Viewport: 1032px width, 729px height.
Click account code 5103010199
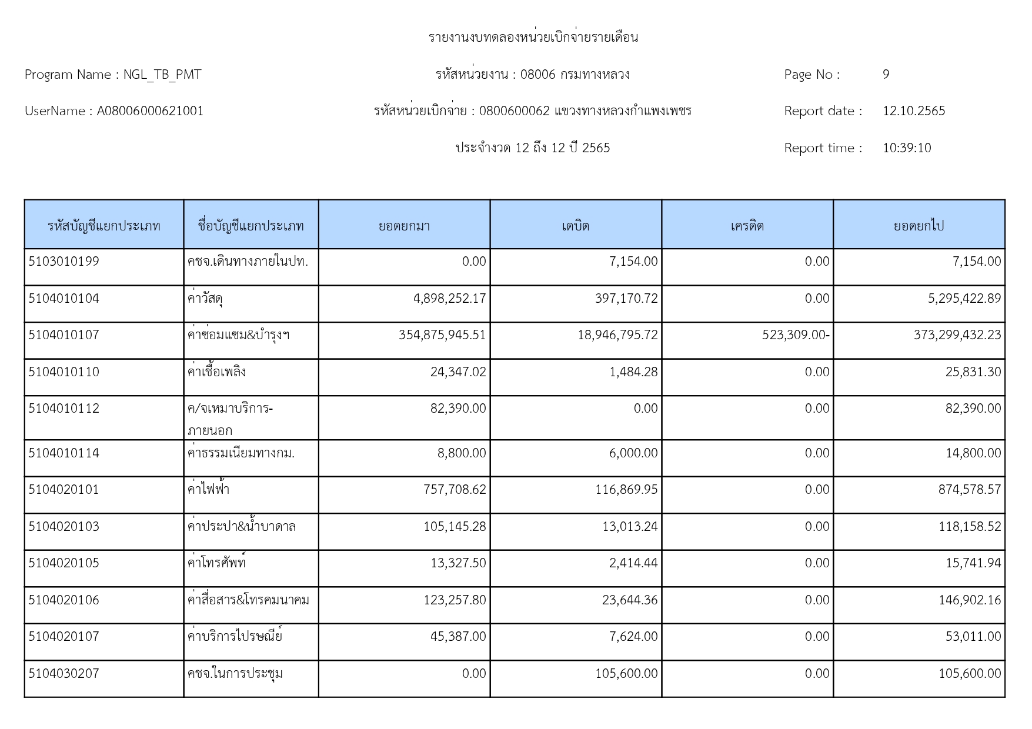point(64,262)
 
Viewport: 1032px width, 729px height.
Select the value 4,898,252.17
point(449,299)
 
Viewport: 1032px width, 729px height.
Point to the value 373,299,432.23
point(957,335)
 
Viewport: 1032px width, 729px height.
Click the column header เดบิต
point(575,226)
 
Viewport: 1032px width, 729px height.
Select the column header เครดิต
point(747,226)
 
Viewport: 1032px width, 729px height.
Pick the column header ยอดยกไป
point(919,226)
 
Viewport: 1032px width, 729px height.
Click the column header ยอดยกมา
point(404,226)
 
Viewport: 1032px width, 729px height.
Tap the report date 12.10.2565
point(913,111)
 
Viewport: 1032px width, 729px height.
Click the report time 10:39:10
point(906,148)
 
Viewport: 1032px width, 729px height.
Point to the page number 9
point(886,75)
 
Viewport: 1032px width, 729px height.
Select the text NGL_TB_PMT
point(162,75)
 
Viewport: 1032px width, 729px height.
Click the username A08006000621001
point(150,111)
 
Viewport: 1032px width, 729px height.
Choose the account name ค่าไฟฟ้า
point(208,490)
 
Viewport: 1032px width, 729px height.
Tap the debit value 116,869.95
point(626,490)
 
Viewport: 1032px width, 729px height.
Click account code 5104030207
point(64,674)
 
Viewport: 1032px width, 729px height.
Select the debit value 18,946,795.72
point(617,335)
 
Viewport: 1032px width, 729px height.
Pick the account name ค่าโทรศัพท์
point(216,563)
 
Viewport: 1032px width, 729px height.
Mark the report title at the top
point(533,38)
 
